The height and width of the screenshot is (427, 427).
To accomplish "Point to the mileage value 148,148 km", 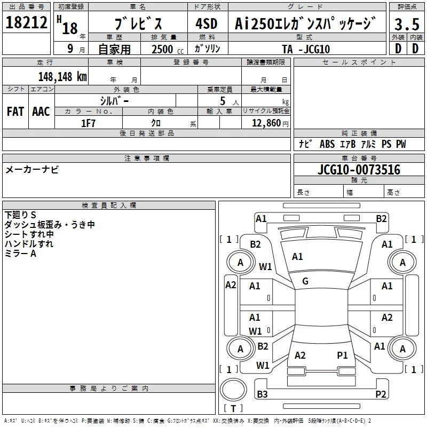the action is [x=62, y=76].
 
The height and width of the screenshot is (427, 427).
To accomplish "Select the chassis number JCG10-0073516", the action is [x=358, y=170].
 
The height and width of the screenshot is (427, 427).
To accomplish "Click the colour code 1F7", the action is [x=88, y=123].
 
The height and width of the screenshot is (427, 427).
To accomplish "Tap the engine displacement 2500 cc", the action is [x=163, y=49].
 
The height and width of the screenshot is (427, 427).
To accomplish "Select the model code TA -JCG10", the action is [x=306, y=49].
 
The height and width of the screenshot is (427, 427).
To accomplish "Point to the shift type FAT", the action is [x=15, y=112].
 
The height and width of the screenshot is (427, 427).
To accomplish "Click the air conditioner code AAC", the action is [x=41, y=112].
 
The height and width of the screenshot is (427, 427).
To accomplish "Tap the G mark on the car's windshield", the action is [x=305, y=281].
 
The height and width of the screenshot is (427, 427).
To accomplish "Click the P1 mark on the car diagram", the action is [x=342, y=355].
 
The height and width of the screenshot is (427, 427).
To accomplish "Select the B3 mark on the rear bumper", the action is [x=262, y=394].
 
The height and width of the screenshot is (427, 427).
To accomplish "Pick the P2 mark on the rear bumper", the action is [x=381, y=394].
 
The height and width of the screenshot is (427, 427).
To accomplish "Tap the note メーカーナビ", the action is [x=32, y=170].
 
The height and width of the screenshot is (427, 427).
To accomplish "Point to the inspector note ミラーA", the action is [x=20, y=254].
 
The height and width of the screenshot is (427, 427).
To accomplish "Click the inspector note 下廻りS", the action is [x=20, y=215].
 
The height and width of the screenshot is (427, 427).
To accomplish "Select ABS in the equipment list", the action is [x=327, y=144].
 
